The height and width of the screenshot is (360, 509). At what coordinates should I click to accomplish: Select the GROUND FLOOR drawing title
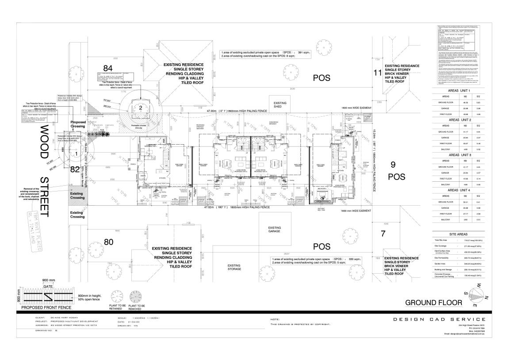(x=433, y=302)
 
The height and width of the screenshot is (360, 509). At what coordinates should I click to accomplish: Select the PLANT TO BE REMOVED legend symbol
(x=139, y=295)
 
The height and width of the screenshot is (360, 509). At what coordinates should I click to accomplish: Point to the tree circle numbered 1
(x=76, y=153)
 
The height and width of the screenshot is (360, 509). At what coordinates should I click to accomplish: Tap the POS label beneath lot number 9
(x=396, y=176)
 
